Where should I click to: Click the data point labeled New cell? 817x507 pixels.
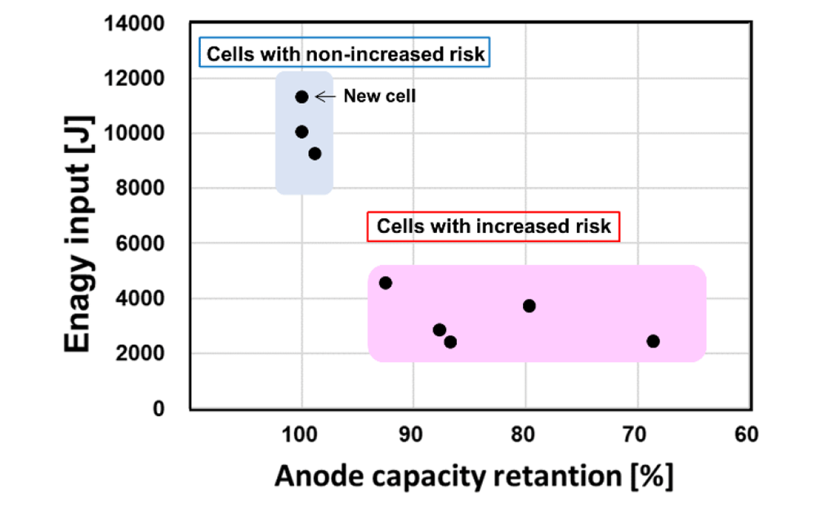pyautogui.click(x=301, y=96)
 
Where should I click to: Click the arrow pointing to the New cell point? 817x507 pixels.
pyautogui.click(x=325, y=96)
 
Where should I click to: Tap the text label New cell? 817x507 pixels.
pyautogui.click(x=379, y=96)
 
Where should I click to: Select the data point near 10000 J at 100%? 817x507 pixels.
pyautogui.click(x=301, y=132)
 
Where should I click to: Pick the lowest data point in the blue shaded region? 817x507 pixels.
pyautogui.click(x=315, y=154)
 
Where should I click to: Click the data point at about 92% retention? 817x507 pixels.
pyautogui.click(x=386, y=283)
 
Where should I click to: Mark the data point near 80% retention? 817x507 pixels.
pyautogui.click(x=529, y=306)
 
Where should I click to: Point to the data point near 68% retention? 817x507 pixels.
pyautogui.click(x=653, y=341)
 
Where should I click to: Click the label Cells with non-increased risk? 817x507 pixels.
pyautogui.click(x=345, y=55)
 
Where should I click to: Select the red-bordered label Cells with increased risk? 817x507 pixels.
pyautogui.click(x=493, y=226)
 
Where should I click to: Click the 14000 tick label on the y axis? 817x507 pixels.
pyautogui.click(x=136, y=23)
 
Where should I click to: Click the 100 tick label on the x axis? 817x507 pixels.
pyautogui.click(x=301, y=433)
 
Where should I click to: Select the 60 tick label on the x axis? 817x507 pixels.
pyautogui.click(x=745, y=433)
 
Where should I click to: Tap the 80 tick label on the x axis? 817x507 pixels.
pyautogui.click(x=524, y=433)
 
